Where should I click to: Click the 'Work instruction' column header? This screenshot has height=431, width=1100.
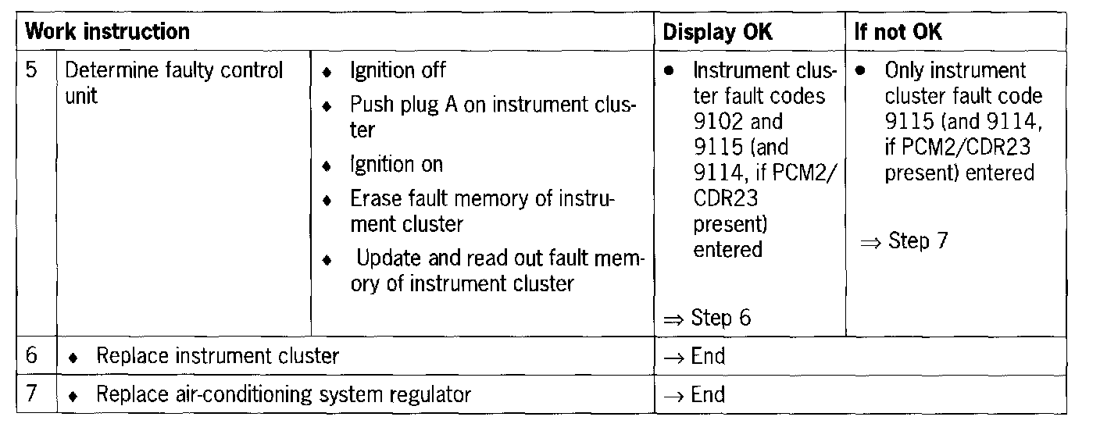click(107, 32)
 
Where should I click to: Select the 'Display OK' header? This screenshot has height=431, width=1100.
click(718, 32)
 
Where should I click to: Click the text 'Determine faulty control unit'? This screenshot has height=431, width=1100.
click(173, 83)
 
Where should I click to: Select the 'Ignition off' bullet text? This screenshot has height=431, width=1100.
click(398, 70)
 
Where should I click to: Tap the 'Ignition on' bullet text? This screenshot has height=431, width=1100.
click(396, 165)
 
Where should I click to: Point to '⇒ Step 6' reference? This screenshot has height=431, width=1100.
click(708, 318)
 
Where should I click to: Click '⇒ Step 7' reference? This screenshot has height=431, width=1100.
click(904, 241)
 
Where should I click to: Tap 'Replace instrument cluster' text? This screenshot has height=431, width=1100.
click(217, 357)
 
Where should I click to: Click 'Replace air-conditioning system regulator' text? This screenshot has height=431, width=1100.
click(283, 394)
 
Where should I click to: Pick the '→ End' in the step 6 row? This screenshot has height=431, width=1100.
click(695, 357)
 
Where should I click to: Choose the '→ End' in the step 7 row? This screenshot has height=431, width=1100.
click(695, 394)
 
